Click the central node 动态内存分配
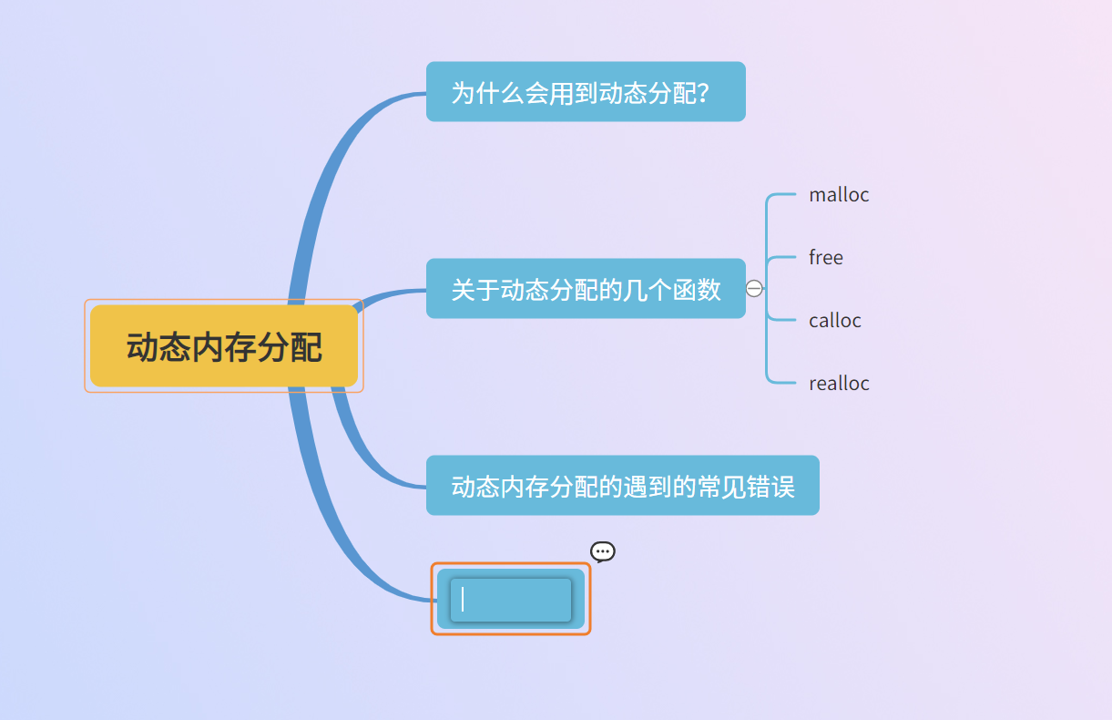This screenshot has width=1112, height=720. (x=224, y=346)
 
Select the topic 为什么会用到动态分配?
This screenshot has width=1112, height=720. (x=586, y=91)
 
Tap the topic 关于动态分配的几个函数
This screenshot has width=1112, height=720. (x=586, y=289)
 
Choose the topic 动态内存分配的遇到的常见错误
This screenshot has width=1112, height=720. (x=622, y=486)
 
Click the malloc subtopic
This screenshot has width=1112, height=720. (x=839, y=194)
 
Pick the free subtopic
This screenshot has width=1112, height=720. (x=825, y=257)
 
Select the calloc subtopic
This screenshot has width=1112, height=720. (x=834, y=320)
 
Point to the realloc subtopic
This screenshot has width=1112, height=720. (x=839, y=383)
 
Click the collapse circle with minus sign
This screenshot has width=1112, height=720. (x=754, y=289)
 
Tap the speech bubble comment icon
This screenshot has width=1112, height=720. (x=603, y=551)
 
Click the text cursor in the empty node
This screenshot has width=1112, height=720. (x=463, y=599)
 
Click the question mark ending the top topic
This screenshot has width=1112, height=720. (x=703, y=92)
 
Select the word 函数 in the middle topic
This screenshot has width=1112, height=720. (x=697, y=289)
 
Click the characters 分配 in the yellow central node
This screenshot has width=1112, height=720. (x=297, y=347)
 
